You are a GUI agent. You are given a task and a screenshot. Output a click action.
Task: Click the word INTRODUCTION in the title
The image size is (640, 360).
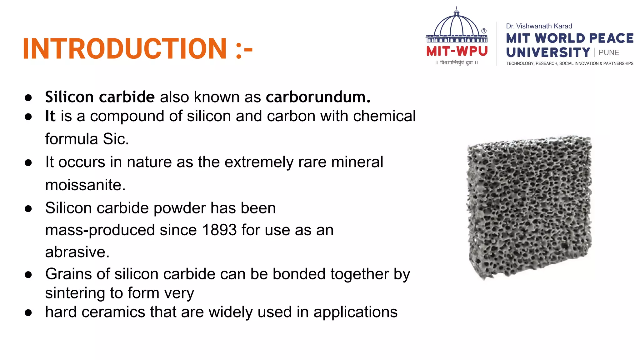click(125, 48)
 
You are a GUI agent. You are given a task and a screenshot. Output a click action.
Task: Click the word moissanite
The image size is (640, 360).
click(85, 185)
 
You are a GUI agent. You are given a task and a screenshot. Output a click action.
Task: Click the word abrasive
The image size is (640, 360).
click(77, 252)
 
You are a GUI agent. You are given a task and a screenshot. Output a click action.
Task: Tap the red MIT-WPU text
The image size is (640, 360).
click(457, 51)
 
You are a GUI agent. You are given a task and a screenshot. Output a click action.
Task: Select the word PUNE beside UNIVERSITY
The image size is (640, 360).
click(608, 53)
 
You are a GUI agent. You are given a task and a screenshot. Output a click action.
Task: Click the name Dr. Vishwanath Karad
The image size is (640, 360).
click(539, 26)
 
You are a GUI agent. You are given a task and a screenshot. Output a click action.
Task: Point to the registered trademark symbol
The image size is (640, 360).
click(484, 31)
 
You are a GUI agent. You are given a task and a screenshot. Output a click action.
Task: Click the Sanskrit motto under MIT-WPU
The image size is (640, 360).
click(456, 63)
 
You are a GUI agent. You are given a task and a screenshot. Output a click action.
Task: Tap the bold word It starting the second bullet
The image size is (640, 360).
click(50, 116)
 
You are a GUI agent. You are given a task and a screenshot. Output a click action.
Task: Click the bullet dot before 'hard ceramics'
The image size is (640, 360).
click(28, 313)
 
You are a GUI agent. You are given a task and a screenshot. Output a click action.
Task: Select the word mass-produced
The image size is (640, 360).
click(100, 230)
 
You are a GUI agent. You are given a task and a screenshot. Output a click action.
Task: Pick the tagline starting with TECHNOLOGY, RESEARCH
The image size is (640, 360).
click(569, 63)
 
